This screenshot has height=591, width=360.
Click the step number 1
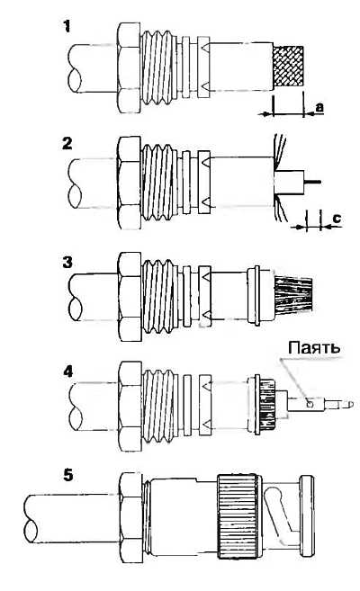point(67,27)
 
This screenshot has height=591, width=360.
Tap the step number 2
point(67,144)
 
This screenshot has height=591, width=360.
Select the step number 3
point(67,262)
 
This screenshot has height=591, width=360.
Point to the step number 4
point(67,372)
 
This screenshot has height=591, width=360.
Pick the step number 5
point(67,475)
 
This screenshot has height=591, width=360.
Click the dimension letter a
point(319,107)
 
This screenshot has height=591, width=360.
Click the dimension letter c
point(337,218)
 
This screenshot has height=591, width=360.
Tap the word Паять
point(313,347)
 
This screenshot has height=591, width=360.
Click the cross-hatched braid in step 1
point(288,67)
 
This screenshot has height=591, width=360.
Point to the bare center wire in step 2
point(312,182)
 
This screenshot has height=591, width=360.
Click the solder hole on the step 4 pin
point(310,405)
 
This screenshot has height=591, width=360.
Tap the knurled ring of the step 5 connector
point(238,516)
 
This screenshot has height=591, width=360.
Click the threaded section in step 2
point(159,182)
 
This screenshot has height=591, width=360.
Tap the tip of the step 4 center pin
point(353,405)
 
